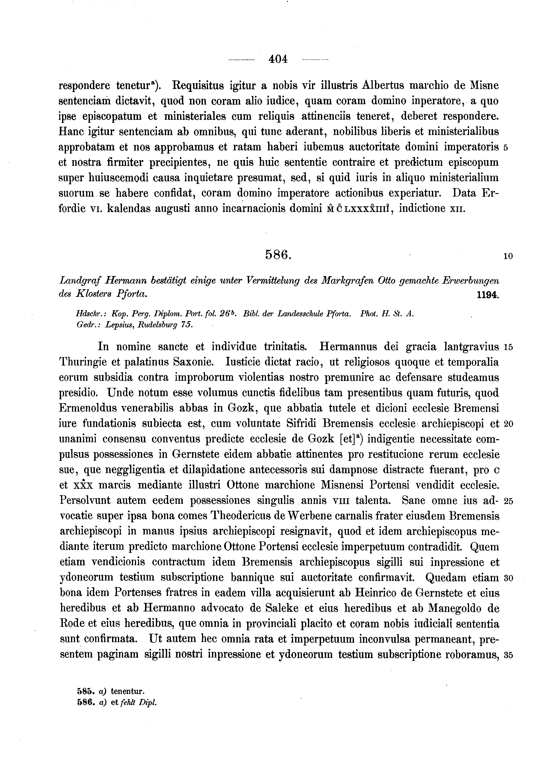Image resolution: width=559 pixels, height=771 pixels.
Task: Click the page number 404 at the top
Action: pos(278,59)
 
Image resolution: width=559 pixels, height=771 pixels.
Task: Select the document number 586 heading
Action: pos(278,254)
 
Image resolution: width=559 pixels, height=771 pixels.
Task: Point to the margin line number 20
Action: pos(508,424)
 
